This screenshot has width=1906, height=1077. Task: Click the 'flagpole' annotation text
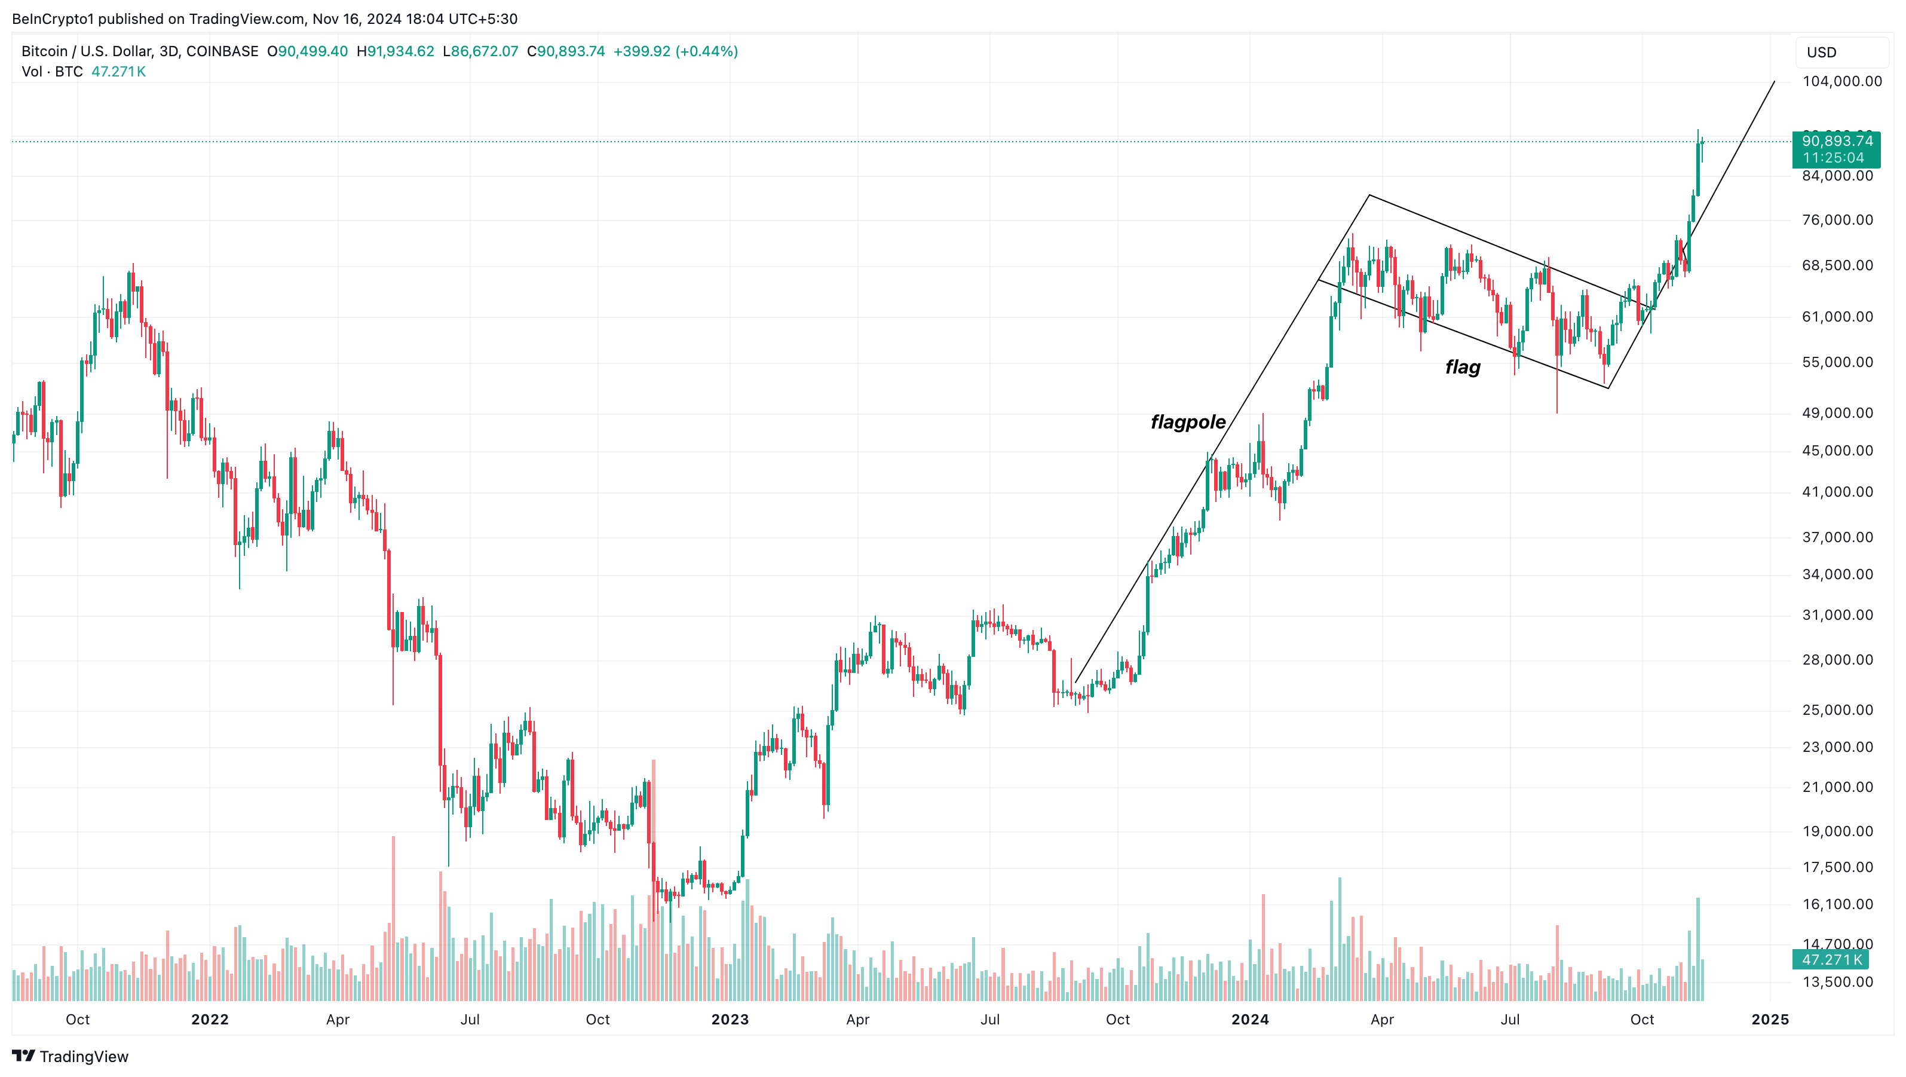click(1188, 422)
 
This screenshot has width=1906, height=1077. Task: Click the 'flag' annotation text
click(1462, 367)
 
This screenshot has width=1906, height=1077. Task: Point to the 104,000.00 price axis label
click(1841, 81)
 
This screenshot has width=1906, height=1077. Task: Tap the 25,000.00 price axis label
click(1837, 710)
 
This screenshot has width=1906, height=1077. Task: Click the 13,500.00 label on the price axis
click(1837, 982)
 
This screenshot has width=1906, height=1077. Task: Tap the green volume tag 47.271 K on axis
click(1831, 960)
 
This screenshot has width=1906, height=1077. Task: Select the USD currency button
click(1821, 53)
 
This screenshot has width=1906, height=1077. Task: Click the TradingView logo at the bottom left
click(71, 1056)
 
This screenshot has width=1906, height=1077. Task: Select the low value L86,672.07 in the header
click(480, 51)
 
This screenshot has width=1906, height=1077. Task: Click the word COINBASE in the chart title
click(222, 51)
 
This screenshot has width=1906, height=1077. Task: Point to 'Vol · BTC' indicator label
click(52, 72)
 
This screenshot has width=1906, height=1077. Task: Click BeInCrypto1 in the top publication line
click(53, 19)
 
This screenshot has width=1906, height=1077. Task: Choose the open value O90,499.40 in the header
click(307, 51)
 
